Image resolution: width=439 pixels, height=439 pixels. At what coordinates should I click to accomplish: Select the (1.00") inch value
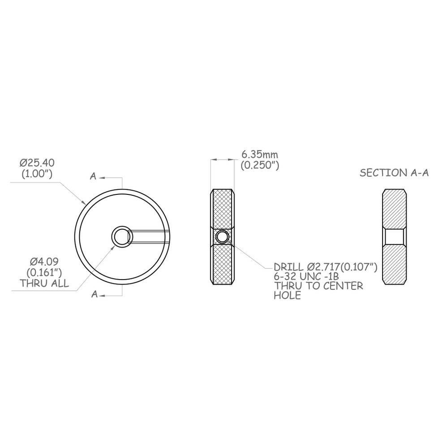pos(37,173)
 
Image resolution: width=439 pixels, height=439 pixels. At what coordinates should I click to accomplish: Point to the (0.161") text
pos(44,272)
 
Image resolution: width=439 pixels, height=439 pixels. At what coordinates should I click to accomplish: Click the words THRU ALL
pos(44,284)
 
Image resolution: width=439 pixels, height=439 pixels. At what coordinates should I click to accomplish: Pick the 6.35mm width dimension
pos(260,155)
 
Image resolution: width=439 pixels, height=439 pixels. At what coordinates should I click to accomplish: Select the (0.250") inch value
pos(260,165)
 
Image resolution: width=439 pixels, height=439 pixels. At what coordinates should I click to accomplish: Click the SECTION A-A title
pos(395,173)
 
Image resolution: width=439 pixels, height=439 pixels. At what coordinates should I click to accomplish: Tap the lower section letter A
pos(94,294)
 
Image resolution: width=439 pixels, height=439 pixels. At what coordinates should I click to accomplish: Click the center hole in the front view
pos(121,236)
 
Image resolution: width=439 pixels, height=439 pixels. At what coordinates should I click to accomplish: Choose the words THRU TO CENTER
pos(318,286)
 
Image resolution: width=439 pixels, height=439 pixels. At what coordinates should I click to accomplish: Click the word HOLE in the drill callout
pos(287,296)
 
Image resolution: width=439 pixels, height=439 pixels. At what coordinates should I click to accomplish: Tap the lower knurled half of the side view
pos(222,264)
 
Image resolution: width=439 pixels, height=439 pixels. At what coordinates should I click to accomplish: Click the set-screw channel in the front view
pos(150,237)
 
